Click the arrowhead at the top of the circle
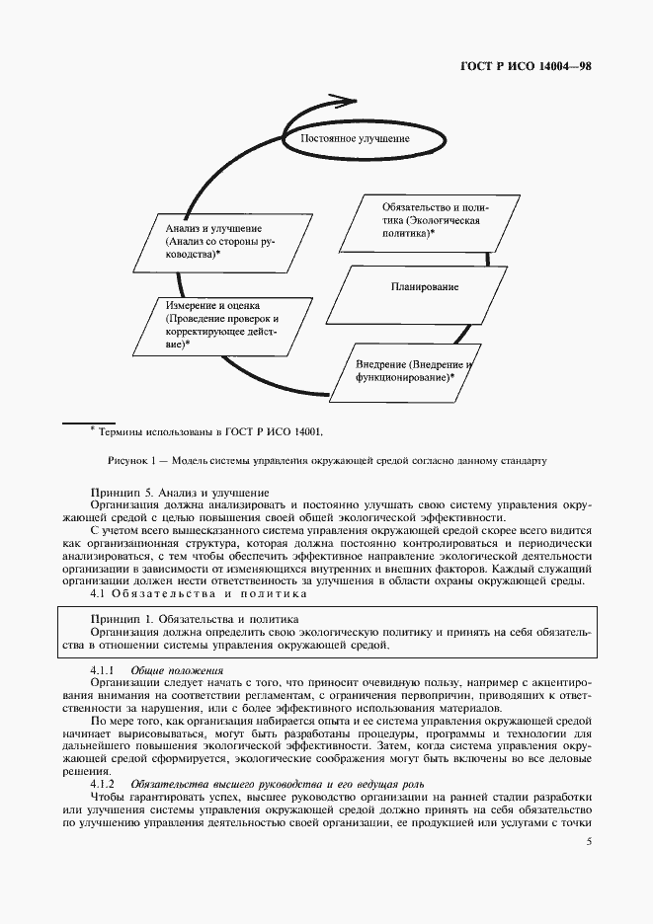click(345, 100)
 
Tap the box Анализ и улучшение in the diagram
click(219, 241)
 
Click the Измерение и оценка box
click(219, 326)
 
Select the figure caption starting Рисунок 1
click(326, 460)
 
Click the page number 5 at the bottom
click(589, 842)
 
